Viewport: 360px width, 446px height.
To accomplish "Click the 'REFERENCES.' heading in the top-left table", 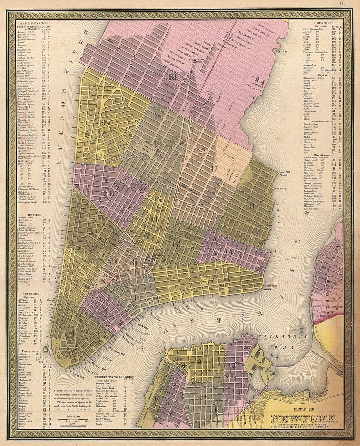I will pyautogui.click(x=33, y=23).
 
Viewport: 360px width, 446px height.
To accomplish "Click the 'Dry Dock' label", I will pyautogui.click(x=279, y=189).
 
